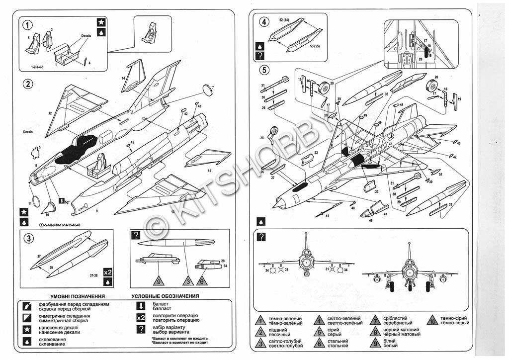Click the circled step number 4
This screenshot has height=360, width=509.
click(264, 21)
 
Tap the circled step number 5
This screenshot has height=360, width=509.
click(264, 70)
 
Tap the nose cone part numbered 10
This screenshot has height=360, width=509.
click(50, 207)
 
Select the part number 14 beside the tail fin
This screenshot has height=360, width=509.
click(123, 78)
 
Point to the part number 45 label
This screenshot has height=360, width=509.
click(132, 143)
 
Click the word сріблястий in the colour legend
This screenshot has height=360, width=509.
click(395, 318)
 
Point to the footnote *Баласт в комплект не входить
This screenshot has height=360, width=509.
click(179, 338)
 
